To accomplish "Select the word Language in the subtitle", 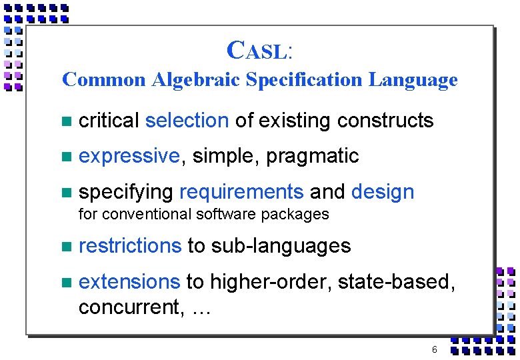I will click(x=413, y=80).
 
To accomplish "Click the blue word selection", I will click(x=187, y=121).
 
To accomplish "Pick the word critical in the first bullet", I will click(x=108, y=121).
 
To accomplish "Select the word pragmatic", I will click(x=313, y=156).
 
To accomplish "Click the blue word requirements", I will click(x=241, y=192).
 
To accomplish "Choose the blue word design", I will click(x=383, y=192).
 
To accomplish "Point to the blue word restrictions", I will click(x=130, y=246).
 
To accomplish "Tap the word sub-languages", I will click(x=281, y=246).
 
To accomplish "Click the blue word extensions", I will click(x=129, y=282).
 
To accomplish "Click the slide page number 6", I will click(x=435, y=349).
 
